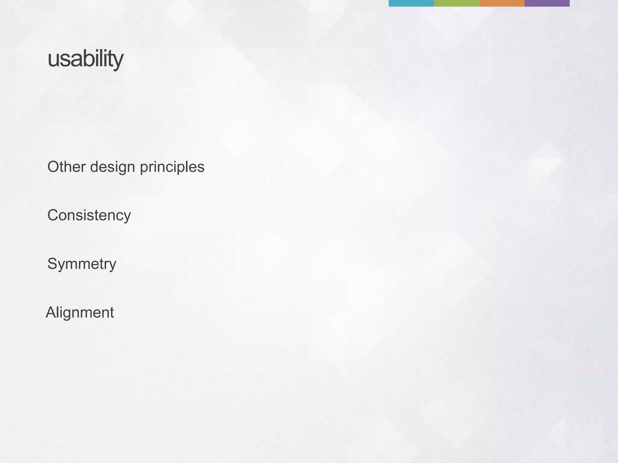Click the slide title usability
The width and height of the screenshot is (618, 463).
(x=85, y=59)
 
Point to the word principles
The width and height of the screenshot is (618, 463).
(x=172, y=167)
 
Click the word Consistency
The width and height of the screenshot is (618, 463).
(x=89, y=216)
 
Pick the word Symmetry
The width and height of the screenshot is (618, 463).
(x=81, y=264)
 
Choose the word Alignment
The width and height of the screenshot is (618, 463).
(x=80, y=313)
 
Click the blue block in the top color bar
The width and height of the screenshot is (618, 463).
(x=411, y=3)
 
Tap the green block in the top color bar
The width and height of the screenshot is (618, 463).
(x=456, y=3)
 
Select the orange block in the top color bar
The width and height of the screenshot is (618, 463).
(x=502, y=3)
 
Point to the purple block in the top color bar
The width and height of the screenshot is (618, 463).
(x=547, y=3)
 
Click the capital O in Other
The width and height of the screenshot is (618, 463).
(x=54, y=167)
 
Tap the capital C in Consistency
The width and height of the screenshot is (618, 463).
(x=53, y=215)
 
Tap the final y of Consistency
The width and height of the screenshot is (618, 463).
(x=127, y=217)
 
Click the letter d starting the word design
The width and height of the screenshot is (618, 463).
(x=95, y=167)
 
